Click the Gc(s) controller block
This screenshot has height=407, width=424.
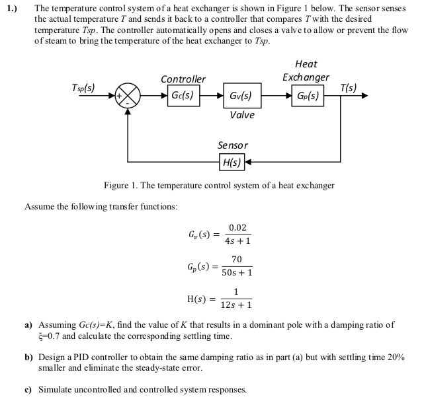pyautogui.click(x=181, y=94)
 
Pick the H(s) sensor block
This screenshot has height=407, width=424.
pyautogui.click(x=232, y=161)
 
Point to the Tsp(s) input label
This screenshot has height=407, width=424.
pyautogui.click(x=83, y=87)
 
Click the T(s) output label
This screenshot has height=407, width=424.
pyautogui.click(x=348, y=87)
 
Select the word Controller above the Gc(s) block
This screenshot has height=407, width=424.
pyautogui.click(x=183, y=79)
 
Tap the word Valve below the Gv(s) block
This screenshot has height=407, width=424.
pyautogui.click(x=242, y=114)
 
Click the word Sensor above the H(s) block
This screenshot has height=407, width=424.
pyautogui.click(x=233, y=145)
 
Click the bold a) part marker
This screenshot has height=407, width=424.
pyautogui.click(x=28, y=326)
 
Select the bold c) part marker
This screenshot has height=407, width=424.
pyautogui.click(x=28, y=389)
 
